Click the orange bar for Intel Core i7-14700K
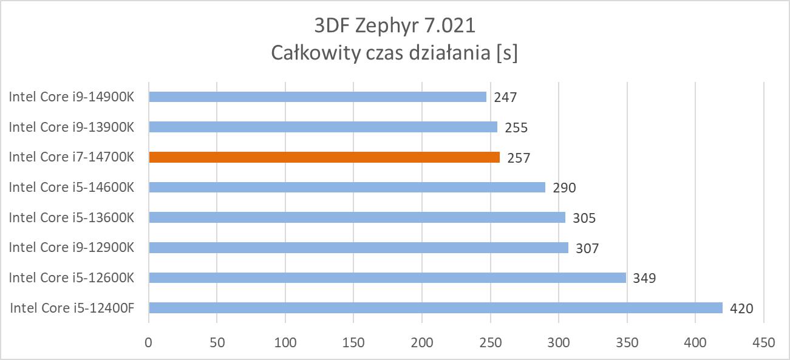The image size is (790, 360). point(324,157)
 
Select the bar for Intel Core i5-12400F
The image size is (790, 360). point(435,308)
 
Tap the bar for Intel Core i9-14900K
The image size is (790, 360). point(318,97)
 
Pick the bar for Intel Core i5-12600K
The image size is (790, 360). point(387,277)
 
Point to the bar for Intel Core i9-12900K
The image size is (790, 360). point(358,248)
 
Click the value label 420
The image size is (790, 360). point(741,308)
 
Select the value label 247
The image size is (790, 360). point(505,97)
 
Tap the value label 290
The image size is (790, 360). point(564,188)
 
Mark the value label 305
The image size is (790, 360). point(584,218)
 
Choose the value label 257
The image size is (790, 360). point(519,158)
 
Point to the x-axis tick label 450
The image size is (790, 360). point(764,342)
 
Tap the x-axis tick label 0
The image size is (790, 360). point(149,342)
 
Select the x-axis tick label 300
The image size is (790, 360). point(559,342)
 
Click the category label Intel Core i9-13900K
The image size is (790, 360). point(71,127)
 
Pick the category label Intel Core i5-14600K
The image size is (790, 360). point(71,187)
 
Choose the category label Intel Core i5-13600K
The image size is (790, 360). point(71,217)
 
